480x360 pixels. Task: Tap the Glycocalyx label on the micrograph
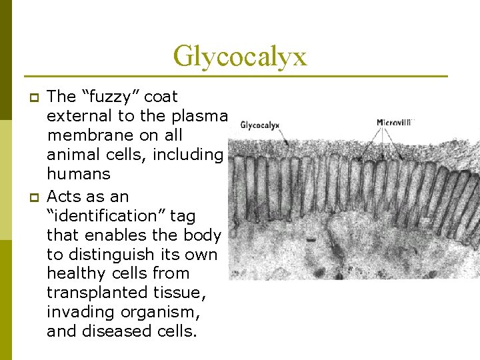coord(260,125)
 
